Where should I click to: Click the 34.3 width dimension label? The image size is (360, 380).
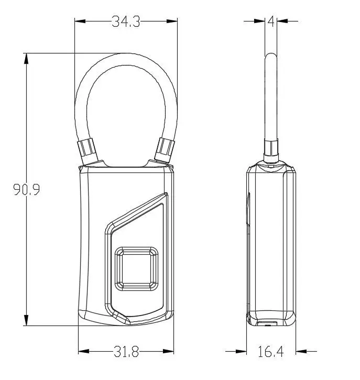click(x=125, y=21)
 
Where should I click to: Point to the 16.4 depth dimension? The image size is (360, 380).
click(x=270, y=352)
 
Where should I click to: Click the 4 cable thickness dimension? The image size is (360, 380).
click(x=270, y=21)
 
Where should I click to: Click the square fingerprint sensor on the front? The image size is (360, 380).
click(x=136, y=268)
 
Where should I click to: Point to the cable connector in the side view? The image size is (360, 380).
click(x=271, y=151)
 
